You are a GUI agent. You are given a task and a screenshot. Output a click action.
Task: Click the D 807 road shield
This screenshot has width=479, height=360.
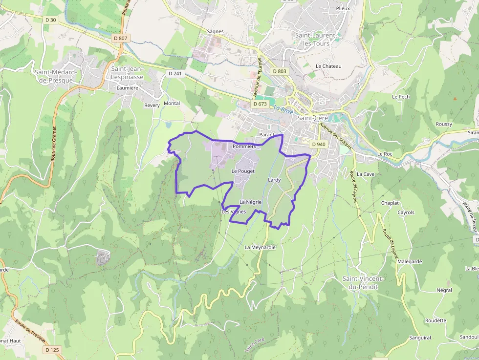tap(120, 38)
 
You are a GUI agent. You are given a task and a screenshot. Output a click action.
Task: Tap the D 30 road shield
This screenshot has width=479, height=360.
tap(50, 20)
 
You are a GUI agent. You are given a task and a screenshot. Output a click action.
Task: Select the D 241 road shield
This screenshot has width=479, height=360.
tap(174, 74)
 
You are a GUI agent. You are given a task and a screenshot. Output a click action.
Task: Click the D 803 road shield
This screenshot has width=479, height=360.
tap(280, 71)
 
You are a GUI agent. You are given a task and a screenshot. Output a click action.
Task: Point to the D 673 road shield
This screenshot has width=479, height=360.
tap(260, 104)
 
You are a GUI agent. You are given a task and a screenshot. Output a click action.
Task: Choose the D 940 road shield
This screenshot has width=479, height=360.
tap(318, 144)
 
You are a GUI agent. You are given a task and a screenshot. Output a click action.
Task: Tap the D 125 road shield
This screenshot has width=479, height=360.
tap(52, 350)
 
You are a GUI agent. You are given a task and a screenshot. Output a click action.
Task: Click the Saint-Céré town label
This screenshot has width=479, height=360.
tap(312, 118)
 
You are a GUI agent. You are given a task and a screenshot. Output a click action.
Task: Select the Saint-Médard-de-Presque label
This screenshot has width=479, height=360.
tap(56, 76)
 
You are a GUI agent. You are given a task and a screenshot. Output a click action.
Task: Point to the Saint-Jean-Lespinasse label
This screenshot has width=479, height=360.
tap(127, 73)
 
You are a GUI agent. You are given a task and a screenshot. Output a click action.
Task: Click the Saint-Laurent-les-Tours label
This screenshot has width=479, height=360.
tap(316, 39)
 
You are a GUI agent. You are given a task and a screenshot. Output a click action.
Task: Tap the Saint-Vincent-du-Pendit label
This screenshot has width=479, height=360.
tap(363, 282)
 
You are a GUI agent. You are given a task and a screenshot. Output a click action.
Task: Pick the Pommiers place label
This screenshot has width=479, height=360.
tap(244, 146)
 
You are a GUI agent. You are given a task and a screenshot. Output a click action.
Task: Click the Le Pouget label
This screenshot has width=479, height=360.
tap(243, 171)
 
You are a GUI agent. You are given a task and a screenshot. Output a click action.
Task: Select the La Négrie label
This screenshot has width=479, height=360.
tap(251, 202)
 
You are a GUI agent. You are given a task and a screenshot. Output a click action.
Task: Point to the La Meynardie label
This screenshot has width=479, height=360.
tap(260, 247)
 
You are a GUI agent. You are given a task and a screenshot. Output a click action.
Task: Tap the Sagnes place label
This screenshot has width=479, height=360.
tap(215, 31)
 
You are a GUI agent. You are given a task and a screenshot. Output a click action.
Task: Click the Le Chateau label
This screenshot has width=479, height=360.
tap(328, 66)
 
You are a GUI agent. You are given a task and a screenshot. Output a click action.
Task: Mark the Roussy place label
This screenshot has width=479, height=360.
tap(444, 124)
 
